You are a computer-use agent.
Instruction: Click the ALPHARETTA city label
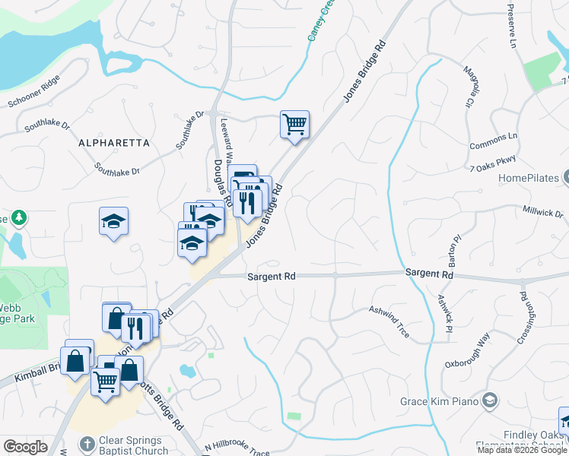click(x=114, y=142)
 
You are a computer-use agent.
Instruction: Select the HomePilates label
click(x=529, y=179)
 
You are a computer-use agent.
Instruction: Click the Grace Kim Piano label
click(x=440, y=401)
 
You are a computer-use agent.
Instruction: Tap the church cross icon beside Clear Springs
click(x=88, y=443)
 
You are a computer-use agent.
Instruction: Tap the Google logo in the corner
click(x=25, y=447)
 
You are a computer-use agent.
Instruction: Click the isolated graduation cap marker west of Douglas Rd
click(x=114, y=221)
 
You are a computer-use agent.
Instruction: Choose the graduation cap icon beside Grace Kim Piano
click(x=490, y=401)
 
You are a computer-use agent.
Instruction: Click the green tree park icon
click(x=17, y=218)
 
